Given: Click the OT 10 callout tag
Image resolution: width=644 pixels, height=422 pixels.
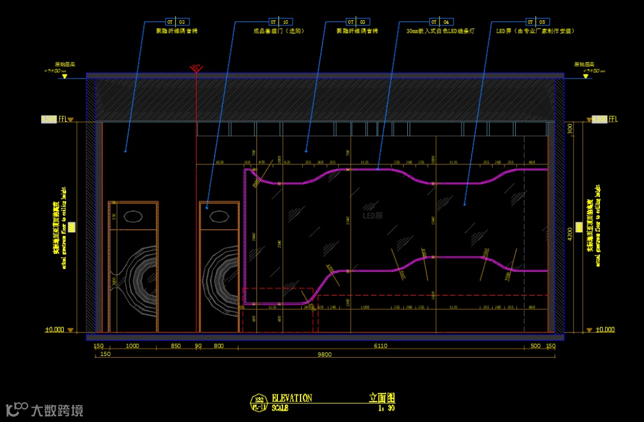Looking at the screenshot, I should pyautogui.click(x=281, y=21).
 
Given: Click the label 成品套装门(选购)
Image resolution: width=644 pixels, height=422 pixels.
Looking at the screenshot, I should pyautogui.click(x=278, y=31).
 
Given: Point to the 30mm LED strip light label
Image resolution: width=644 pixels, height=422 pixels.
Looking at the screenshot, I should pyautogui.click(x=440, y=31).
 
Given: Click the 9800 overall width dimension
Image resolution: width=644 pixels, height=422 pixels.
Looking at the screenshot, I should pyautogui.click(x=324, y=354).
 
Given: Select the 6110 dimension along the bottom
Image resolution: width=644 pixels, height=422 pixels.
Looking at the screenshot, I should pyautogui.click(x=381, y=346).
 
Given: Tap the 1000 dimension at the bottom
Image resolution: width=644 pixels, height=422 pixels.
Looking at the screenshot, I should pyautogui.click(x=132, y=346).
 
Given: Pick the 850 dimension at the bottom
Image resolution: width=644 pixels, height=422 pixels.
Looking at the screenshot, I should pyautogui.click(x=176, y=346).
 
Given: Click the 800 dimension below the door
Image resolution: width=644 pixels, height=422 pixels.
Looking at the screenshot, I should pyautogui.click(x=218, y=346).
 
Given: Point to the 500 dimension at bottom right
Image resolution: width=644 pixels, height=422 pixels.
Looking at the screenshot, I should pyautogui.click(x=535, y=346).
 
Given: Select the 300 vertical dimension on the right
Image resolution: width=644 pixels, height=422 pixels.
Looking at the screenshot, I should pyautogui.click(x=569, y=128).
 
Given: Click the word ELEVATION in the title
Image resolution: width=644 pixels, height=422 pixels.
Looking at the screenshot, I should pyautogui.click(x=292, y=398).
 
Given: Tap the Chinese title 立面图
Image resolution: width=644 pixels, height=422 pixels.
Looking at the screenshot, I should pyautogui.click(x=382, y=398).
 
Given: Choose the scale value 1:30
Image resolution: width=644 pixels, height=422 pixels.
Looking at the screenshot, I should pyautogui.click(x=386, y=408).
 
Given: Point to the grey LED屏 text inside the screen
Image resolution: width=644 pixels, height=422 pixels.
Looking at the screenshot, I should pyautogui.click(x=373, y=216).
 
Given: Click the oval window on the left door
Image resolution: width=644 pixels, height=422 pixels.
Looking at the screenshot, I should pyautogui.click(x=132, y=216).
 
